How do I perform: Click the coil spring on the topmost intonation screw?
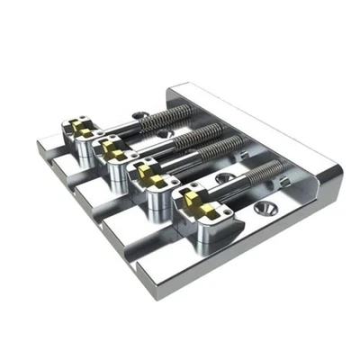[171, 115]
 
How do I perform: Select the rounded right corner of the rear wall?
[331, 171]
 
